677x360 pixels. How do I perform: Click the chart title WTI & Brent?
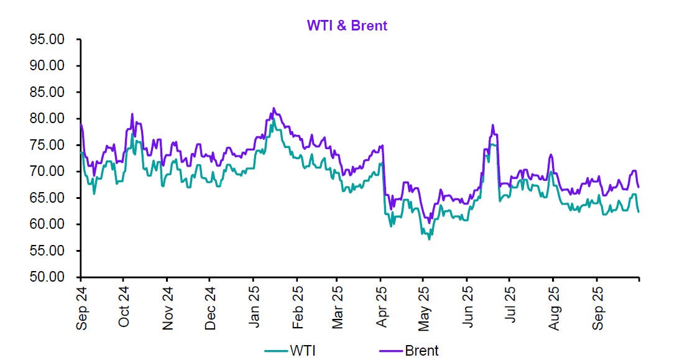coord(347,25)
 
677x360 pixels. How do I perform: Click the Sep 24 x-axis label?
coord(81,307)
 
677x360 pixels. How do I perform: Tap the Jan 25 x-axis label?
coord(254,307)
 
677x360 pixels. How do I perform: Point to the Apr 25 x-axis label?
coord(382,307)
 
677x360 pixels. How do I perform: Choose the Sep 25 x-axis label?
coord(597,307)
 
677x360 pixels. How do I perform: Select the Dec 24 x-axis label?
coord(210,307)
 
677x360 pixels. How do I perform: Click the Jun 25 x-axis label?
coord(468,307)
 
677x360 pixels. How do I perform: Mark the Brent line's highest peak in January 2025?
coord(274,108)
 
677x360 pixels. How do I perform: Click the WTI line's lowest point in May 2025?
coord(429,239)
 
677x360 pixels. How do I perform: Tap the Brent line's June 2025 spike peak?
coord(492,125)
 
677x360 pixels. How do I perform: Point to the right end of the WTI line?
coord(638,212)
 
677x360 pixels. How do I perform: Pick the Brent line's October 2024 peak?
coord(132,114)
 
